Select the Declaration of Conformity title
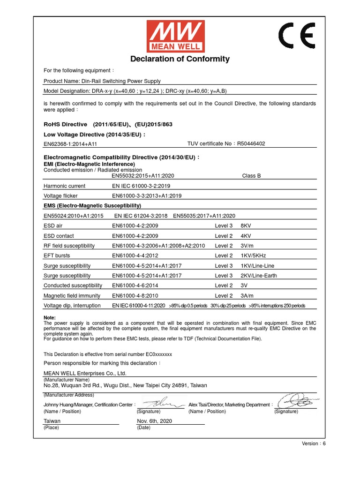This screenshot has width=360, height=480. point(180,59)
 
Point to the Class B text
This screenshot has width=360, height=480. point(251,176)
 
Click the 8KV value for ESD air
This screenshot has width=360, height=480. point(246,226)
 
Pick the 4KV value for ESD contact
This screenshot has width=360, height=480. point(246,236)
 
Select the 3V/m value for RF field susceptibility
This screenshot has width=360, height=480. point(247,246)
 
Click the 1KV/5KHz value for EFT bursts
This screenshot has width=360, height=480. point(253,256)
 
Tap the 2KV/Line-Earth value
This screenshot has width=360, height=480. point(258,276)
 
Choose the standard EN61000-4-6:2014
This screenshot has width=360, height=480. point(135,285)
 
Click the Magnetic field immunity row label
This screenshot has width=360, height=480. point(72,296)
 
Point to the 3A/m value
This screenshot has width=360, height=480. point(247,296)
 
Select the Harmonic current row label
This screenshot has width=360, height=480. point(64,186)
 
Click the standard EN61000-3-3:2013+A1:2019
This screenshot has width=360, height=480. point(147,196)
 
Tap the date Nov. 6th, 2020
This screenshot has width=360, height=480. point(155,421)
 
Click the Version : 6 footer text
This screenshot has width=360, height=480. point(314,443)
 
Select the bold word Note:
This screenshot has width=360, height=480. point(50,318)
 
